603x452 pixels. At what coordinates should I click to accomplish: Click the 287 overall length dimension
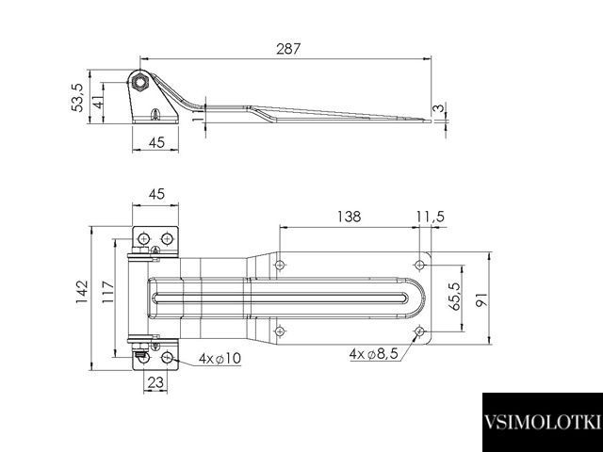coord(288,49)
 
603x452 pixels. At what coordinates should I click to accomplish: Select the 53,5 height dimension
coord(77,98)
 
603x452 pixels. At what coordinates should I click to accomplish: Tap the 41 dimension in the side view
coord(98,102)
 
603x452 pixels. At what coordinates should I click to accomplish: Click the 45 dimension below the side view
coord(156,142)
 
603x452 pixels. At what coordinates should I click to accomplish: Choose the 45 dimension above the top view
coord(156,194)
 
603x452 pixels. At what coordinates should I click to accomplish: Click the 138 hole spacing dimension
coord(350,217)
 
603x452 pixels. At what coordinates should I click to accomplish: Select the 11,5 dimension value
coord(431,217)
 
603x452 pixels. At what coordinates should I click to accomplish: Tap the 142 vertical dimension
coord(82,292)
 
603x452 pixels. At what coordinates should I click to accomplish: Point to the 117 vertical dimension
coord(108,292)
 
